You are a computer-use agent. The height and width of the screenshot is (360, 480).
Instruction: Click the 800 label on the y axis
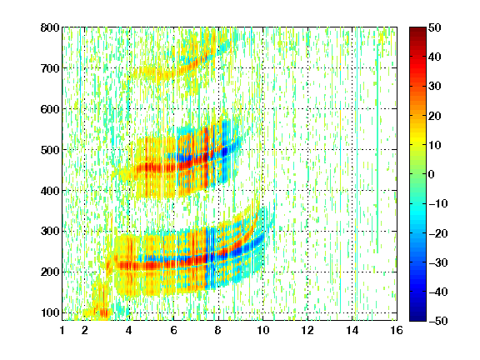pos(50,27)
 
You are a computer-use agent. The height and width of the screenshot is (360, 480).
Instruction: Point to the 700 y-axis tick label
pos(50,68)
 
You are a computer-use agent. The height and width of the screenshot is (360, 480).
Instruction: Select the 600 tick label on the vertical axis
pos(50,109)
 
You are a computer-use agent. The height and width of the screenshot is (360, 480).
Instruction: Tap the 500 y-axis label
pos(50,150)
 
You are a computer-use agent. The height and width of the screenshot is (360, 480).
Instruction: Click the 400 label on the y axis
pos(50,191)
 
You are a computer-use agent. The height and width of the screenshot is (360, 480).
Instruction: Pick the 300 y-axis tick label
pos(50,231)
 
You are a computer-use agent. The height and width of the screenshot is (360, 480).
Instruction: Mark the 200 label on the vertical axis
pos(50,272)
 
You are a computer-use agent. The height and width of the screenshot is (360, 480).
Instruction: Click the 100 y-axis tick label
pos(50,312)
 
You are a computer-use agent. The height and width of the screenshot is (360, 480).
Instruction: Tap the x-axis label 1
pos(62,330)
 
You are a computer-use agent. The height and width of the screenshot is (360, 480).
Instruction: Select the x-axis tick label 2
pos(85,330)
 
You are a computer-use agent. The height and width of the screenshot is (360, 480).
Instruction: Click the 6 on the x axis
pos(173,330)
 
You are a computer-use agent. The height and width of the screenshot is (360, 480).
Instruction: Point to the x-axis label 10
pos(262,330)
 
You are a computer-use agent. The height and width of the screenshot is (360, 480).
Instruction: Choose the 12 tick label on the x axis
pos(307,330)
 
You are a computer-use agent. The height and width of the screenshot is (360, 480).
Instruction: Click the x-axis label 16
pos(397,330)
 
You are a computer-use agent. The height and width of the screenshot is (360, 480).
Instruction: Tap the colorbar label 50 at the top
pos(434,27)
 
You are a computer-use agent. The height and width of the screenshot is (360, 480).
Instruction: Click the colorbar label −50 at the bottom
pos(438,321)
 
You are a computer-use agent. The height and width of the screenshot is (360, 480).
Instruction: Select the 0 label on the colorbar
pos(432,174)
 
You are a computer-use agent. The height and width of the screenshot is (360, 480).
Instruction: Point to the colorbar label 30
pos(434,87)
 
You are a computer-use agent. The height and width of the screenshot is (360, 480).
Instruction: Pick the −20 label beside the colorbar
pos(438,233)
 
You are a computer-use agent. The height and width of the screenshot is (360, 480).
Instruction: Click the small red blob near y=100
pos(104,312)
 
